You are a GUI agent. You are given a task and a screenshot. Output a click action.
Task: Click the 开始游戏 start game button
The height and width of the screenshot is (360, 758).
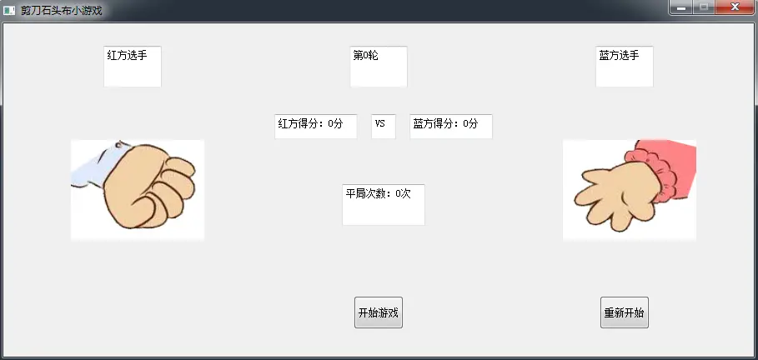pyautogui.click(x=379, y=312)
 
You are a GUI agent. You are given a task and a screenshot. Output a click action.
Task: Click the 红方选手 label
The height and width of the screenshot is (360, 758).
pyautogui.click(x=132, y=66)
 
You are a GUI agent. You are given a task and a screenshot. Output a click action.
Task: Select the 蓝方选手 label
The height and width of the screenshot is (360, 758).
pyautogui.click(x=624, y=66)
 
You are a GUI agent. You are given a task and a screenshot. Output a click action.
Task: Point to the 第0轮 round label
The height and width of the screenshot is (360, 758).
pyautogui.click(x=379, y=66)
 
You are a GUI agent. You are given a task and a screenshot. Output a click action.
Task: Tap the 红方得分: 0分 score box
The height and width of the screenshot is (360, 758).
pyautogui.click(x=315, y=126)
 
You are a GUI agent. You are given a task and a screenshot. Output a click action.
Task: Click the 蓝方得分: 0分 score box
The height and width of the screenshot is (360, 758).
pyautogui.click(x=450, y=126)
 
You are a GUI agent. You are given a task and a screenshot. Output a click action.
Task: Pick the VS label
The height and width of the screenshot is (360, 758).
pyautogui.click(x=383, y=126)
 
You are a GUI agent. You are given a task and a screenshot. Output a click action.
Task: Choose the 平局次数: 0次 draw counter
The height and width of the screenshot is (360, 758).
pyautogui.click(x=383, y=204)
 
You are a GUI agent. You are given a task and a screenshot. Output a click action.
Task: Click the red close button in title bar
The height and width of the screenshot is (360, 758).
pyautogui.click(x=735, y=7)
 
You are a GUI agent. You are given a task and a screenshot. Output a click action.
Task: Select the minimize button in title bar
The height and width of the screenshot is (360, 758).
pyautogui.click(x=681, y=7)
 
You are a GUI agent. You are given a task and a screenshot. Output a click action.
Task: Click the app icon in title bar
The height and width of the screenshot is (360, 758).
pyautogui.click(x=9, y=10)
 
